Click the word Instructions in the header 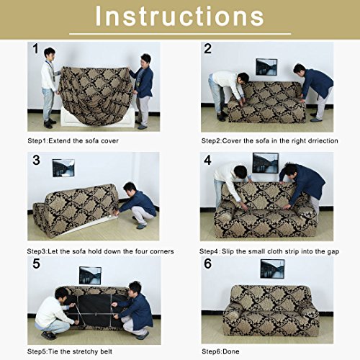179,16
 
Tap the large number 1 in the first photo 35,49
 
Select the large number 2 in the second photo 207,49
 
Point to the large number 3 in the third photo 36,160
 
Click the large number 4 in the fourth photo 208,160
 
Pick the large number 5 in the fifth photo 36,264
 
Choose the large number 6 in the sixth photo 208,264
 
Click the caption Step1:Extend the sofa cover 73,141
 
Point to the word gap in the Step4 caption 333,252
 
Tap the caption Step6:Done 220,351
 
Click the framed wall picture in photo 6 272,269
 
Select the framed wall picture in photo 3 63,168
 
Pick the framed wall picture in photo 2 266,67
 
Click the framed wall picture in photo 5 90,276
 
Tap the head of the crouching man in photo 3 130,189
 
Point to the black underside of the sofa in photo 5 95,310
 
